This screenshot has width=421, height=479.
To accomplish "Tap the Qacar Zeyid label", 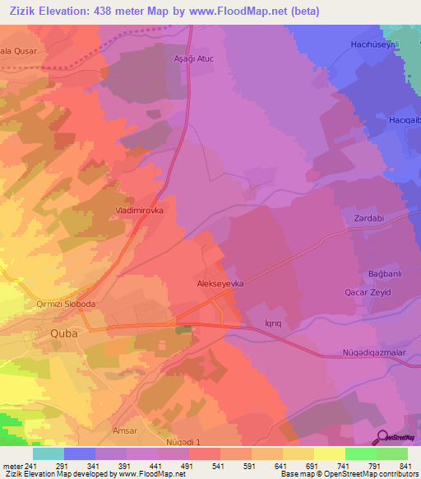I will pyautogui.click(x=367, y=293).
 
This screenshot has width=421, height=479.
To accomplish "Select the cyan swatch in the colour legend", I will pyautogui.click(x=49, y=453).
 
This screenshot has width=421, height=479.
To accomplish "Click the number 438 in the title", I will pyautogui.click(x=113, y=12).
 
